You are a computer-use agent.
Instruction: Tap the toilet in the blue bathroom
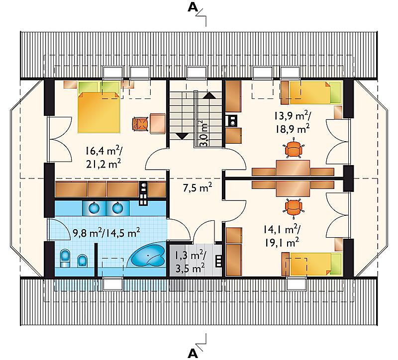[65, 258]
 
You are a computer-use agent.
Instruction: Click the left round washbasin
[95, 208]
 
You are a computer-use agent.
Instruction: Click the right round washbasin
[117, 208]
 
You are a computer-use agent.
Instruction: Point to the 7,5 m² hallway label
[198, 188]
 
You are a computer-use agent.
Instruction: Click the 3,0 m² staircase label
[204, 132]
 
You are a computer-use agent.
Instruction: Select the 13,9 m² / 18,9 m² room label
[292, 122]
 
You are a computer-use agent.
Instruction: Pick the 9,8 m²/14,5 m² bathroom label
[106, 232]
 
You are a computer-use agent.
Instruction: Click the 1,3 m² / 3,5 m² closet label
[191, 262]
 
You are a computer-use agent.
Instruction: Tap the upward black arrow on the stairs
[209, 95]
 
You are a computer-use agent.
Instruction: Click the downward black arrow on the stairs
[182, 136]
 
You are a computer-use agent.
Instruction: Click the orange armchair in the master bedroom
[140, 123]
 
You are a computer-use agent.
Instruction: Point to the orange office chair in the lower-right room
[294, 208]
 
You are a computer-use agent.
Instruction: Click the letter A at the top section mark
[193, 8]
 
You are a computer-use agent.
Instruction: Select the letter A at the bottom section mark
[193, 353]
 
